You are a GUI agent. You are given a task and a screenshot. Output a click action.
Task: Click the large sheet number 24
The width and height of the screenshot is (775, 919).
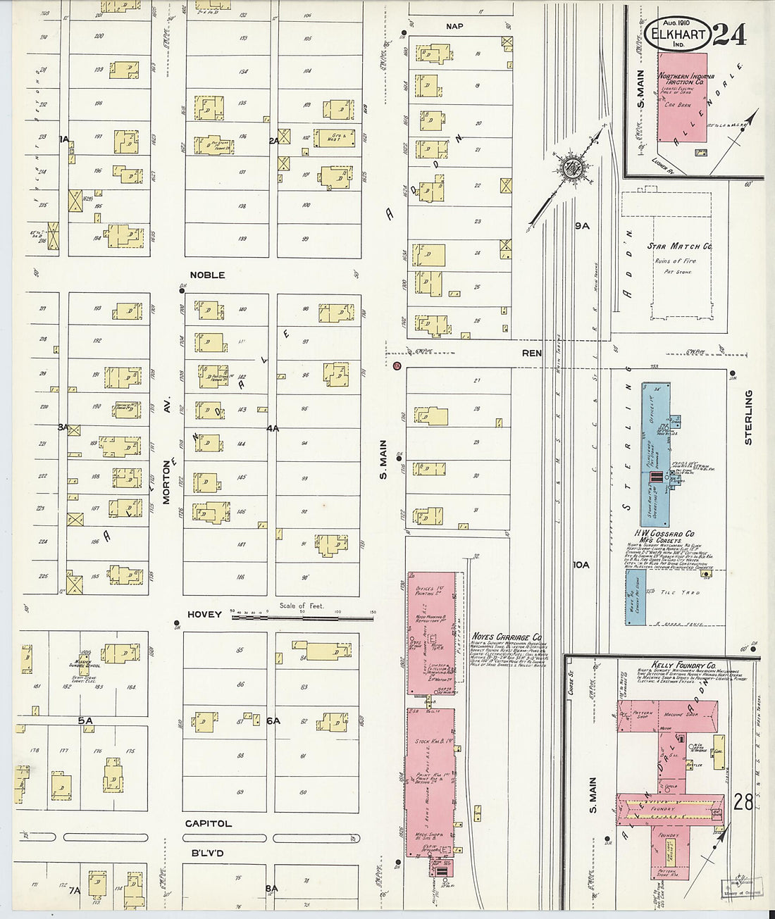click(x=730, y=34)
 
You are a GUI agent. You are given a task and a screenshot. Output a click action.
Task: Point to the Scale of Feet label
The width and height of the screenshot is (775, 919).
click(x=302, y=606)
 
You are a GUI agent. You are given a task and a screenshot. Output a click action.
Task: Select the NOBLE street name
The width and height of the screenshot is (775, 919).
click(x=207, y=275)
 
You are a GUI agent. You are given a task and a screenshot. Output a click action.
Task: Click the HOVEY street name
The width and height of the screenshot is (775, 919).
click(x=204, y=615)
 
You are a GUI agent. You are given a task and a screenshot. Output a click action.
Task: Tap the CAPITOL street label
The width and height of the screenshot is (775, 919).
click(x=208, y=823)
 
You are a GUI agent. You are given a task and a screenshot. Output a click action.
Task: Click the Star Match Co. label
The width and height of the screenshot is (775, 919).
click(x=679, y=247)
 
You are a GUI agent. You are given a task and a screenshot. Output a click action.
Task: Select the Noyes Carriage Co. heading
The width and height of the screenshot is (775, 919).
click(x=507, y=637)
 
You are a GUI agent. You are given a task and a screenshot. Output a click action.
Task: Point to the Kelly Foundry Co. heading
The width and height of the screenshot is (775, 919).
click(x=674, y=665)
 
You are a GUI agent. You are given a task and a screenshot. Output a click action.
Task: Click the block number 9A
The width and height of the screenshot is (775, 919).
click(x=581, y=226)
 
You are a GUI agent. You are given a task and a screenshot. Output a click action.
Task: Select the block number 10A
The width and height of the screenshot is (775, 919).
click(x=581, y=565)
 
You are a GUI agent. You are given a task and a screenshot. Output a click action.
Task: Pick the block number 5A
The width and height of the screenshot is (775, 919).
click(x=85, y=720)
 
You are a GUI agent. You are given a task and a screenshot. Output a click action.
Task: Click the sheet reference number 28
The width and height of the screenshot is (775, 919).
click(x=743, y=801)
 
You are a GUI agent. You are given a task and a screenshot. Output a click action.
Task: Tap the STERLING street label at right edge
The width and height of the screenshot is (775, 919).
click(x=748, y=417)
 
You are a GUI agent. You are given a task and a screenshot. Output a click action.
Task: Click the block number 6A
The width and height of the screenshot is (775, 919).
click(x=273, y=720)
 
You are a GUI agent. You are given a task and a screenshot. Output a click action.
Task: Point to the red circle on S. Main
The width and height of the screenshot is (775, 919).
click(x=397, y=366)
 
